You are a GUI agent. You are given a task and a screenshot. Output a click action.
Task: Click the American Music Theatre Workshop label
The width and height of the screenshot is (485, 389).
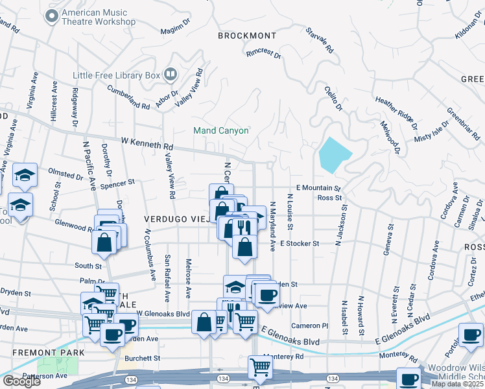coord(98,17)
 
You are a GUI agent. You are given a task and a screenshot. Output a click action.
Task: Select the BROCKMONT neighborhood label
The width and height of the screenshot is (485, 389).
coord(247,36)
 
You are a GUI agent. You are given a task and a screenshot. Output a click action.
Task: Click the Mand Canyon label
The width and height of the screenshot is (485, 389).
coord(221,130)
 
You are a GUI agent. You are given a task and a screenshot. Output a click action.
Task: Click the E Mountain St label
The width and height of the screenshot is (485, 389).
coord(318,187)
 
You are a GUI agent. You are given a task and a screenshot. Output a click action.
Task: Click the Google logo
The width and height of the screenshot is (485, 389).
coord(22,381)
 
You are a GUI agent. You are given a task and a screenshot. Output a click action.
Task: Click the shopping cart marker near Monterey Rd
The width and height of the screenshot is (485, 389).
coord(260,367)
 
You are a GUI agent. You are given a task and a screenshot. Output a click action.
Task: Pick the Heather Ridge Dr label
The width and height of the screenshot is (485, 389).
coord(396,108)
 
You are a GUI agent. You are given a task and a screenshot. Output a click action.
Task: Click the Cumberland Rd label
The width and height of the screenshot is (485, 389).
coord(128,97)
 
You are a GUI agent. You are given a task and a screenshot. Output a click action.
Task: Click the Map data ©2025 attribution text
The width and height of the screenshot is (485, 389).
coord(457,384)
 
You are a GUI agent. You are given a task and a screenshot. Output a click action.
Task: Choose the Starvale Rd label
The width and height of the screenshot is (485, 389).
coord(319,40)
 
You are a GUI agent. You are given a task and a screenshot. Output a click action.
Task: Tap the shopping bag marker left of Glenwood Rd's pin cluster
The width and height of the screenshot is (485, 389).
coord(104,242)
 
